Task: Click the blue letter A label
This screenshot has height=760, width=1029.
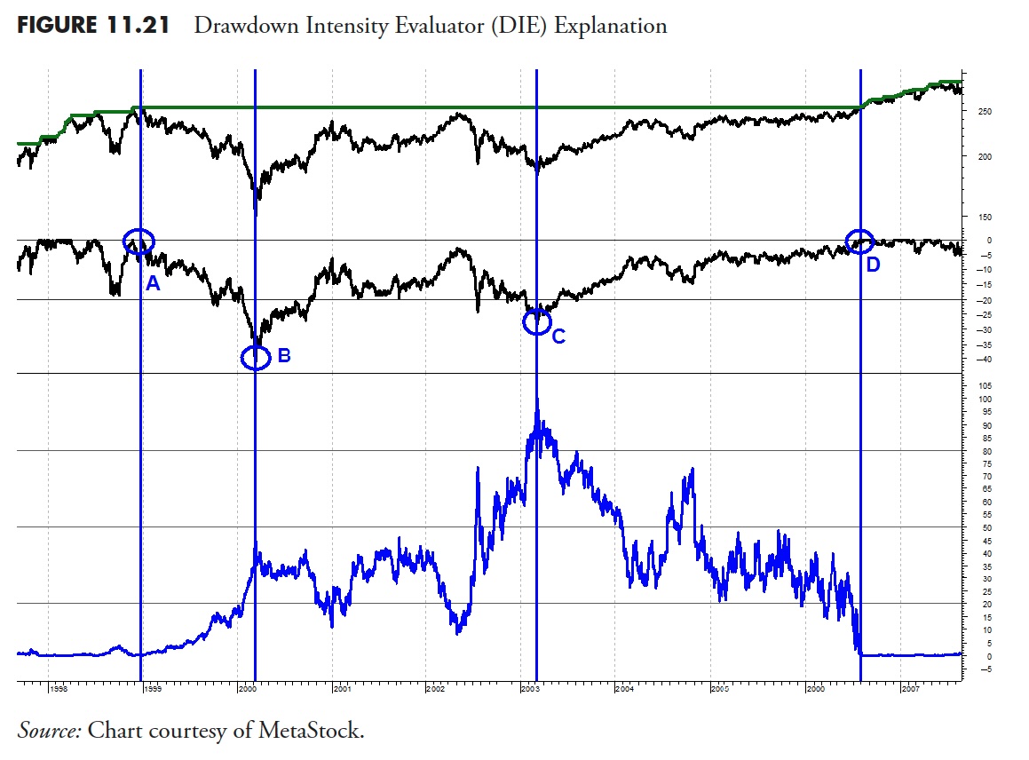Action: click(x=152, y=284)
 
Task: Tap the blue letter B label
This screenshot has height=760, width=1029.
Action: click(x=284, y=355)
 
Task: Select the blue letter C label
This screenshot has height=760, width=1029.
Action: click(x=558, y=336)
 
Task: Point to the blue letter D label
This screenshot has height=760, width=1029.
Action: click(x=873, y=264)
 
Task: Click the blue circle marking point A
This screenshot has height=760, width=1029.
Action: click(x=139, y=241)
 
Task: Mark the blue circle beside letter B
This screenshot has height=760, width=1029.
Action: click(x=256, y=358)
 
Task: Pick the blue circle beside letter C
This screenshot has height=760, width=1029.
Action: click(x=536, y=321)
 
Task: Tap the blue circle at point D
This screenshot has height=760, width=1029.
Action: click(x=859, y=241)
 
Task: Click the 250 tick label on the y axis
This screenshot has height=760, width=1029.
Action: click(x=984, y=112)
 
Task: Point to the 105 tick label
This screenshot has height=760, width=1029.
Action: click(x=984, y=386)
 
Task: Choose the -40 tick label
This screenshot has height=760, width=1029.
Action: click(x=984, y=360)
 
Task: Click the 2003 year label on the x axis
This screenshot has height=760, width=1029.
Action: click(x=529, y=689)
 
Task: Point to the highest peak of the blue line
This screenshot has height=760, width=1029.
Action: click(x=537, y=401)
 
